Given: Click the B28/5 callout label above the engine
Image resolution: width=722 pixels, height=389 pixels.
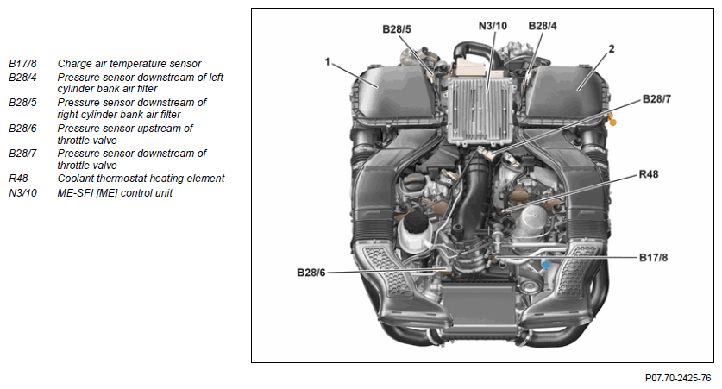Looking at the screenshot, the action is tap(397, 29).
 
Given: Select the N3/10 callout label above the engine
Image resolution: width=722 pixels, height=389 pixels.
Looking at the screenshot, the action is tap(493, 26).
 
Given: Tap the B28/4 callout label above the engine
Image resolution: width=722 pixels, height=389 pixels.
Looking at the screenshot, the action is tap(543, 26).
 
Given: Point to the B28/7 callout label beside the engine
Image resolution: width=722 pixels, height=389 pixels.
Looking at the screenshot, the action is tap(656, 99).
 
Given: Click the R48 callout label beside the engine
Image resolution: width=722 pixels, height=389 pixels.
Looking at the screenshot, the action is tap(649, 174).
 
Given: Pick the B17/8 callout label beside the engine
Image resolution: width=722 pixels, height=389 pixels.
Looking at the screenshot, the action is tap(653, 258).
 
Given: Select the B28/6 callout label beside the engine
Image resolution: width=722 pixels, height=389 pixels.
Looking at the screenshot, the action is tap(311, 273).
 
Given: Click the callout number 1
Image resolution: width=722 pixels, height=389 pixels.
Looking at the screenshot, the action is tap(328, 61).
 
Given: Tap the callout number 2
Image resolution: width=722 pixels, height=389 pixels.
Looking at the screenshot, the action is tap(612, 49).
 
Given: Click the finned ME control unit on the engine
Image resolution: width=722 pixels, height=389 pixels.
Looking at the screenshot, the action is tap(480, 110).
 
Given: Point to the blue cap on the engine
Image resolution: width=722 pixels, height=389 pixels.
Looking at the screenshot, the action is tap(546, 265).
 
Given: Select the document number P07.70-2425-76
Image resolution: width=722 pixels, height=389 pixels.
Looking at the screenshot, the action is tap(678, 378).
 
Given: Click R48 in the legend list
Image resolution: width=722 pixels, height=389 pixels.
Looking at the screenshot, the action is tap(18, 179).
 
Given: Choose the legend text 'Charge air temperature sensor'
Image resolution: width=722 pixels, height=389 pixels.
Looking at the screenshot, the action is tap(129, 64).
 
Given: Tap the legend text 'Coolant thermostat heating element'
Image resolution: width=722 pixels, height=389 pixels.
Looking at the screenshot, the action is tap(141, 179).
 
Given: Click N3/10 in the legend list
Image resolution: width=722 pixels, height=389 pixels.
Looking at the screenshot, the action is tap(22, 193).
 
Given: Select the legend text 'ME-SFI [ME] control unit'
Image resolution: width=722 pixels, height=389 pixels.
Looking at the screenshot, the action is tap(115, 193).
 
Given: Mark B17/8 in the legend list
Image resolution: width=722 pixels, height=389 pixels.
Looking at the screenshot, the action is tap(22, 64).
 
